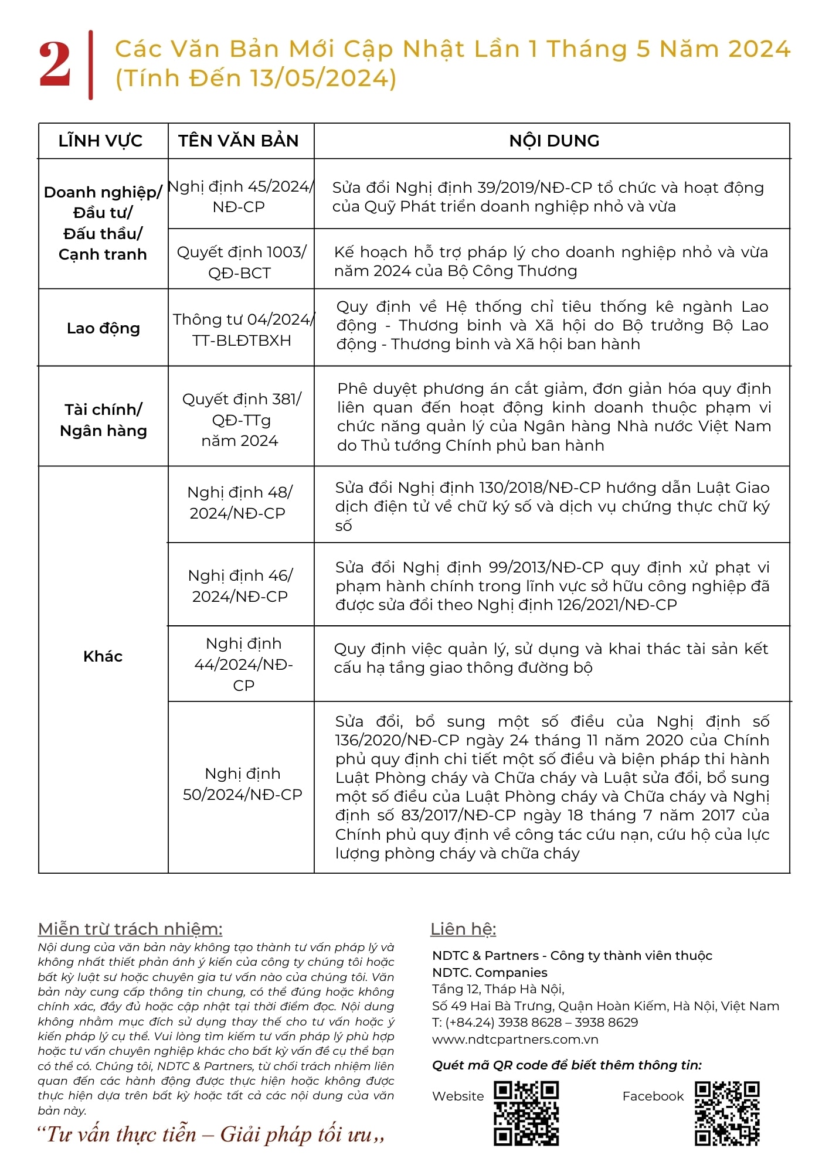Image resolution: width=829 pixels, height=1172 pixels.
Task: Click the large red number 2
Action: pos(55,64)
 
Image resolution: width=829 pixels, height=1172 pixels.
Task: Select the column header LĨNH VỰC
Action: pos(100,141)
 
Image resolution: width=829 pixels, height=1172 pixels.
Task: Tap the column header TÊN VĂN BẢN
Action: pos(239,141)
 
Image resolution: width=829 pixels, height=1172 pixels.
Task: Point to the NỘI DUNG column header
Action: pos(554,141)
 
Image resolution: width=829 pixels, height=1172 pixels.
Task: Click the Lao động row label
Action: pos(103,328)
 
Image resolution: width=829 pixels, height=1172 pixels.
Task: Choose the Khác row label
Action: pos(103,656)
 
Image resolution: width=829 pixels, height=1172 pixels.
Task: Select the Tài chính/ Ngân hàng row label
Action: pos(103,420)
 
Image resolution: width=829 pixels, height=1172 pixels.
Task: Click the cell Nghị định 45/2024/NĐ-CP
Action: pos(240,196)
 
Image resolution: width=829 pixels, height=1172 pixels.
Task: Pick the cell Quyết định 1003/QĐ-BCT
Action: pos(241,262)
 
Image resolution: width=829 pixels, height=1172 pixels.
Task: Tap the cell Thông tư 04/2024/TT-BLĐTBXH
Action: pos(242,329)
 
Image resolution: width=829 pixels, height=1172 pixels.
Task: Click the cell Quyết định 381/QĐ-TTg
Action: pos(241,420)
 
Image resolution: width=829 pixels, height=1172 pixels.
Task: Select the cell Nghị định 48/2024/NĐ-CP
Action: pos(239,503)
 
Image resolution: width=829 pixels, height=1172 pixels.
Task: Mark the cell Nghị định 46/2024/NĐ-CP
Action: pos(240,586)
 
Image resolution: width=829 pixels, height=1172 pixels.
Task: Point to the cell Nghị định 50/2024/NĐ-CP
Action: pos(242,784)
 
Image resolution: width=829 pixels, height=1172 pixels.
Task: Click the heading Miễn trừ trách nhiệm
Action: pos(130,929)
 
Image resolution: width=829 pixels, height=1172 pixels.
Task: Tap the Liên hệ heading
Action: pos(463,929)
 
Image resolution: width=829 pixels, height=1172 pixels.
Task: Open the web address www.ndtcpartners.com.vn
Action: pos(515,1040)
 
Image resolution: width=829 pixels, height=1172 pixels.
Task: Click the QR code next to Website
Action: pos(526,1113)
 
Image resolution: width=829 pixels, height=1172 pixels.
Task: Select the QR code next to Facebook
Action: pos(727,1113)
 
